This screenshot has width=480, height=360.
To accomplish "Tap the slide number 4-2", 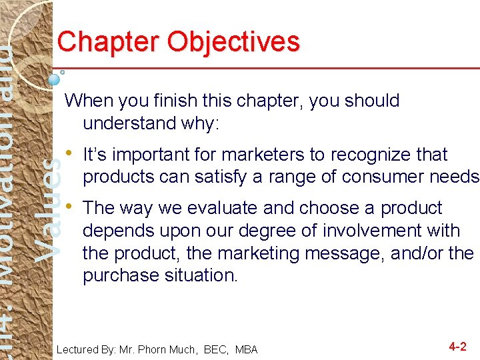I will pyautogui.click(x=457, y=347).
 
